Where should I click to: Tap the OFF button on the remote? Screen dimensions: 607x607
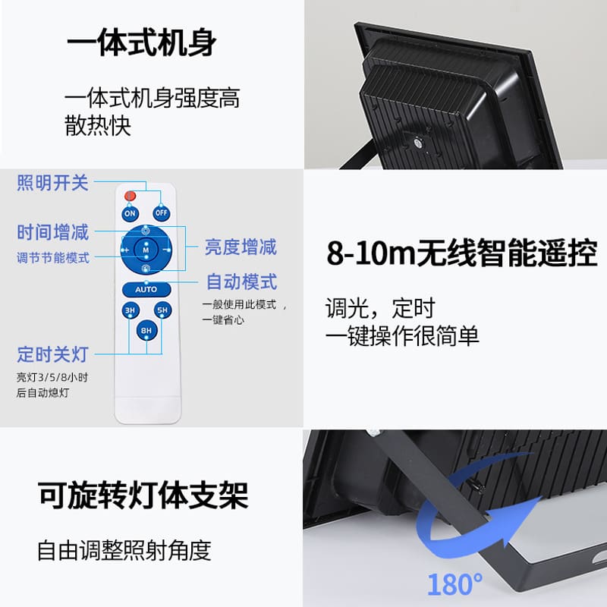point(161,213)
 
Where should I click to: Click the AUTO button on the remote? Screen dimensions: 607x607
point(146,289)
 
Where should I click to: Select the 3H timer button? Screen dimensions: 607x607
point(131,310)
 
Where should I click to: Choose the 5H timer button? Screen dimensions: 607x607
point(162,310)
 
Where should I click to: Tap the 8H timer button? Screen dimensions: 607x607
point(146,331)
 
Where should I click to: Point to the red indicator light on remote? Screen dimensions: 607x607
point(130,196)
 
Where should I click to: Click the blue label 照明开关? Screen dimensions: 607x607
point(52,182)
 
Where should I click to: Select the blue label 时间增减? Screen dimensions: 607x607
point(53,232)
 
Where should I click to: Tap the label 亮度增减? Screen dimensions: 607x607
point(241,247)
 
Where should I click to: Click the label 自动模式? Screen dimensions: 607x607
point(241,281)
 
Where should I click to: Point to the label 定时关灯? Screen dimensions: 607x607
point(53,354)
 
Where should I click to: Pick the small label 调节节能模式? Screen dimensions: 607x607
point(53,258)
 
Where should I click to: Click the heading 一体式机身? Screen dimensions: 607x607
point(142,42)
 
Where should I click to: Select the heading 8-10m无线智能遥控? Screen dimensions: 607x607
point(462,253)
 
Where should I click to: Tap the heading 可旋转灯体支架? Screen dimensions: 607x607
point(143,495)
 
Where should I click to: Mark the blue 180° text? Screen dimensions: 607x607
point(454,584)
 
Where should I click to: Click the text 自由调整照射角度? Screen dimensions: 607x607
point(124,550)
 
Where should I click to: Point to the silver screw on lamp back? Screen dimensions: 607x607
point(419,143)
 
